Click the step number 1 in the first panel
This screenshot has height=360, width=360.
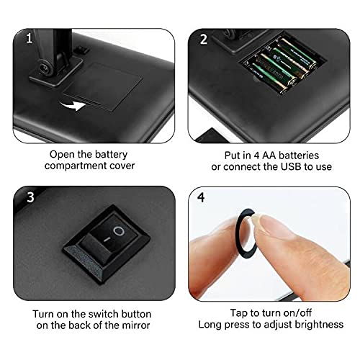[30, 38]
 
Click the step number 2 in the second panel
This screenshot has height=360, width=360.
[204, 39]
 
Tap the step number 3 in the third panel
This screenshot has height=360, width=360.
[30, 197]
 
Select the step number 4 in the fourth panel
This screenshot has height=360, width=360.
[201, 197]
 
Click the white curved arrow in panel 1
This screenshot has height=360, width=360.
[73, 105]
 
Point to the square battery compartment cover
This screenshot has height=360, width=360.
[103, 86]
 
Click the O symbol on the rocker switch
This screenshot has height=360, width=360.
[119, 231]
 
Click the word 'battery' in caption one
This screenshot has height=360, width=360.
[111, 155]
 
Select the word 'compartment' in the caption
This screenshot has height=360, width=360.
[76, 166]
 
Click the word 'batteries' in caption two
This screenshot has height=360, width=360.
[299, 156]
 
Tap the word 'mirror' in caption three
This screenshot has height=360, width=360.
[136, 325]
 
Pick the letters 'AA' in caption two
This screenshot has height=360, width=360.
[269, 156]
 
